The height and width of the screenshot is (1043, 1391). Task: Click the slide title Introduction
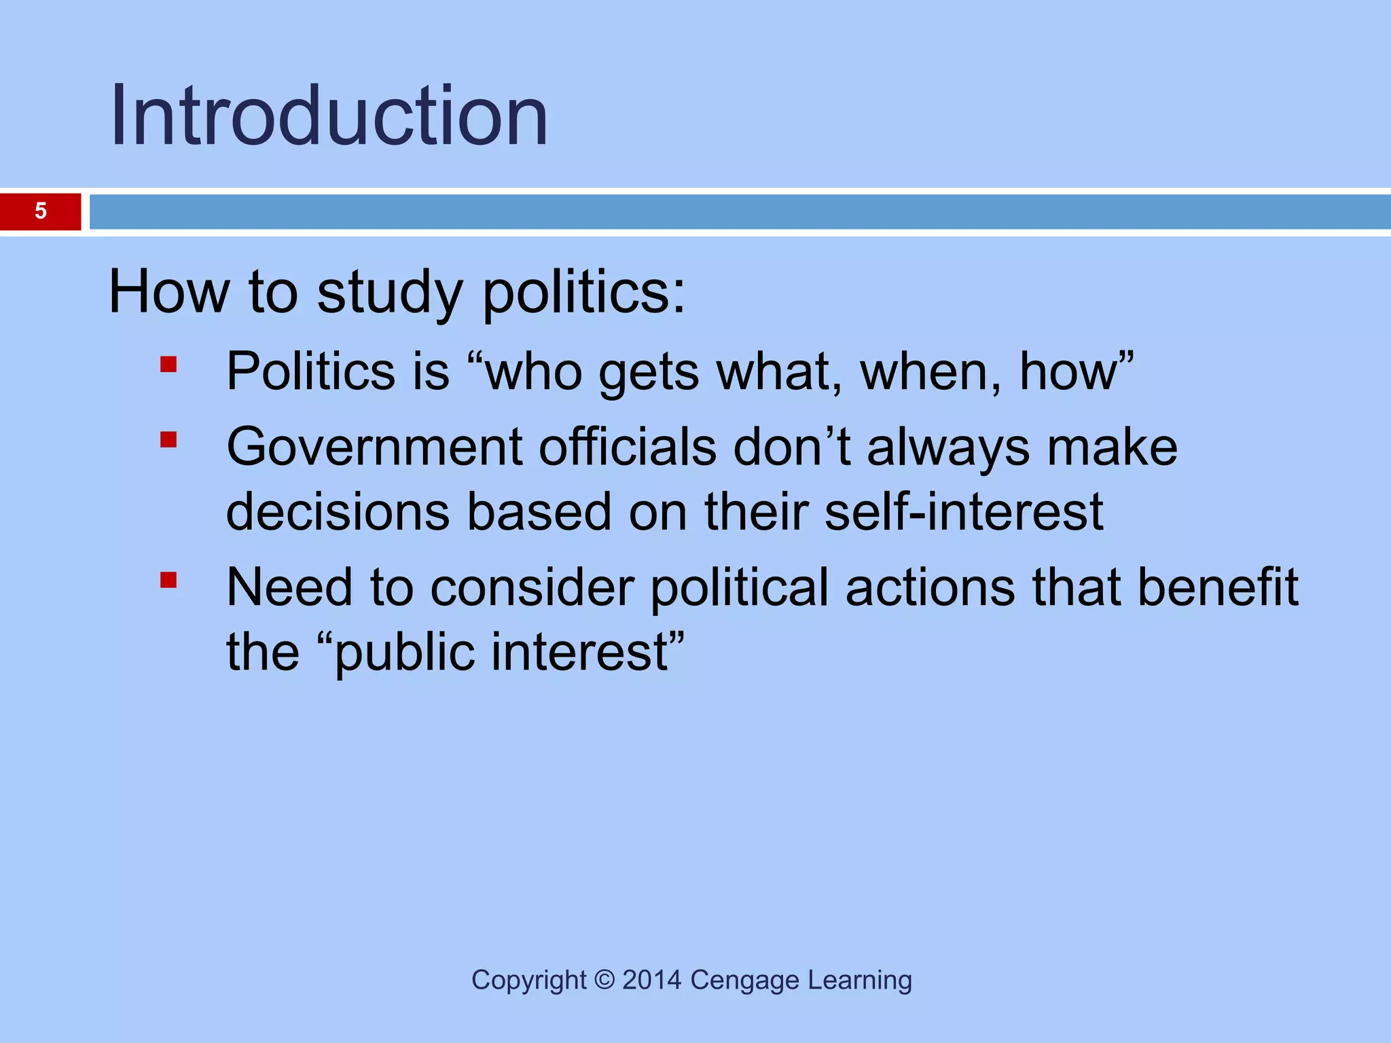(x=329, y=115)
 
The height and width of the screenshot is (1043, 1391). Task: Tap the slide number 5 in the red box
(x=41, y=211)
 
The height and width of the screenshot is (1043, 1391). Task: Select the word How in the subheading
(x=169, y=293)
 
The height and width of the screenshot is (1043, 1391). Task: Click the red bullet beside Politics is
(x=168, y=365)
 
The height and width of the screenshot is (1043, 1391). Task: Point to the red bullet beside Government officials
(x=168, y=441)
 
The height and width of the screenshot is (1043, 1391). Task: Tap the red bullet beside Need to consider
(x=168, y=580)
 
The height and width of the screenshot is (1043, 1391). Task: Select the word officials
(x=628, y=447)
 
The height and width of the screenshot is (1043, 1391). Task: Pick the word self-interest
(x=964, y=512)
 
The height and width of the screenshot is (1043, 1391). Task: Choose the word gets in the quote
(x=649, y=373)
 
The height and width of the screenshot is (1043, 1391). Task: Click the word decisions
(x=338, y=512)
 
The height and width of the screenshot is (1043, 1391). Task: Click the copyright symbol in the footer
(x=604, y=980)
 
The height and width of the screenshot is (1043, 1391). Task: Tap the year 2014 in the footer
(x=651, y=980)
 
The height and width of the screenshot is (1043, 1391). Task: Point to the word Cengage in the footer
(x=744, y=981)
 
